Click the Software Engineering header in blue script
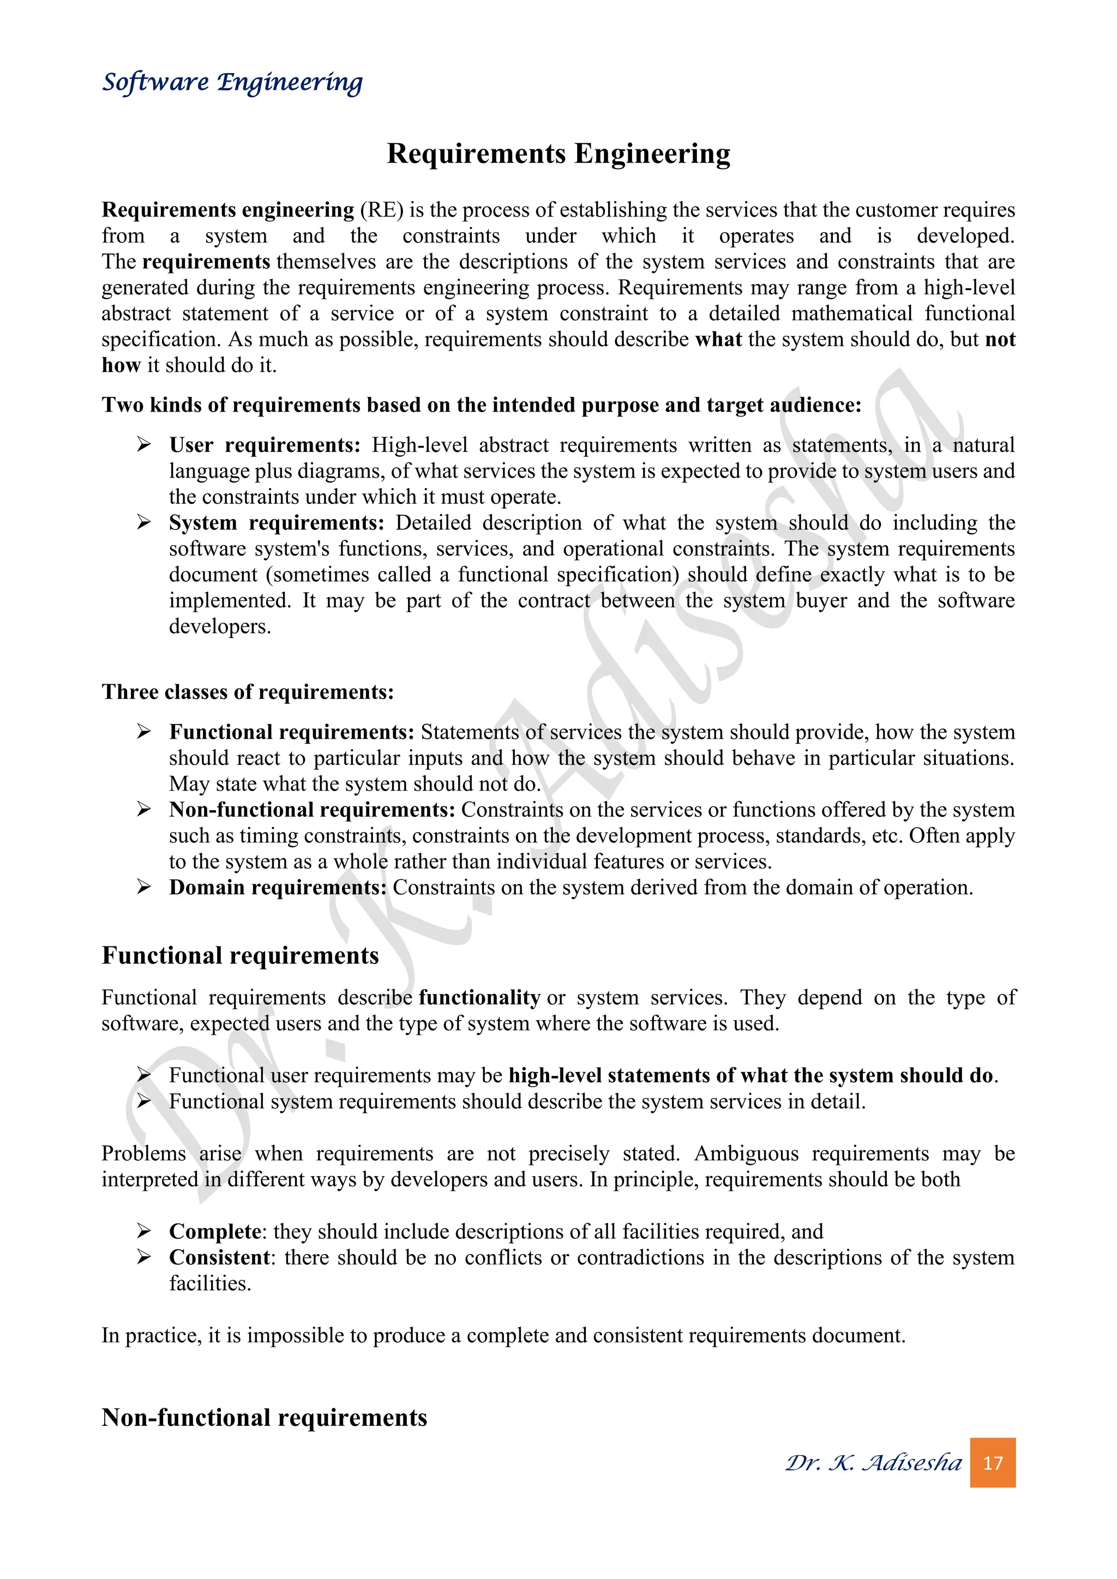(232, 82)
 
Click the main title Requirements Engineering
(558, 153)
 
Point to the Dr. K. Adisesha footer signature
(874, 1462)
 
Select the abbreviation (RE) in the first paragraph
(381, 210)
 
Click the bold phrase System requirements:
(277, 523)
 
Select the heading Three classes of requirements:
(248, 691)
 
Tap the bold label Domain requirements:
(278, 887)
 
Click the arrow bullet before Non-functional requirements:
(144, 810)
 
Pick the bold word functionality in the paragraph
(479, 997)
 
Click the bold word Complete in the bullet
(215, 1231)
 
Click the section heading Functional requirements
(240, 955)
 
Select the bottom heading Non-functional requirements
(264, 1418)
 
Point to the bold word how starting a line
(121, 365)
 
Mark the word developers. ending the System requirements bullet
(220, 626)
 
